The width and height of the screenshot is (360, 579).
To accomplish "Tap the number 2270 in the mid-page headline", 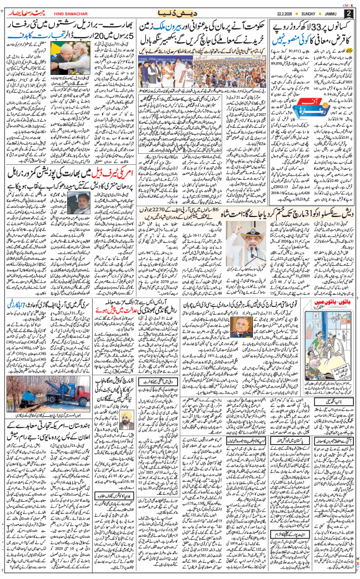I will click(181, 180).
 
